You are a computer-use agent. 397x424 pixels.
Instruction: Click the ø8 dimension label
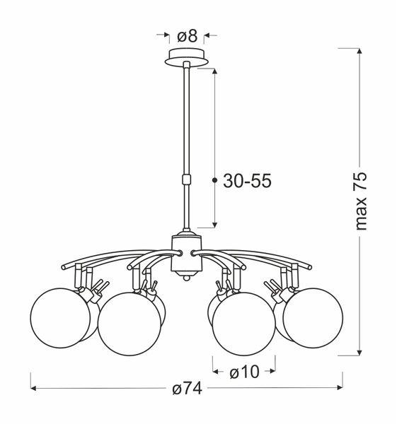coord(186,35)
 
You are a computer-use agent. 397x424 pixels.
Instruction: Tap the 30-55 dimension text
coord(247,181)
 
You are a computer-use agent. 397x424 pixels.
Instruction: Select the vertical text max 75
coord(362,201)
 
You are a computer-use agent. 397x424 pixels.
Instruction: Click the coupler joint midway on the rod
coord(187,179)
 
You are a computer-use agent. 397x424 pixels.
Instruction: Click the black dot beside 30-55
coord(214,181)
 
